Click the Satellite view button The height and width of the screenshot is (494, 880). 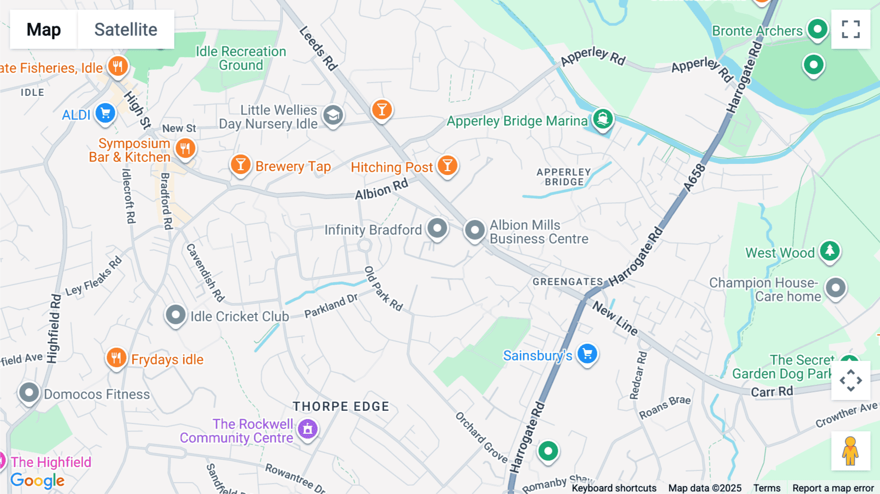coord(126,29)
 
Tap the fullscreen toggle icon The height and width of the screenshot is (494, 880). coord(851,29)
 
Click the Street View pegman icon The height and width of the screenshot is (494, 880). coord(851,451)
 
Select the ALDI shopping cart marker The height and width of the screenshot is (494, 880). coord(105,113)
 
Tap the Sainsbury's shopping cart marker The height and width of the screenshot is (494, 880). coord(587,354)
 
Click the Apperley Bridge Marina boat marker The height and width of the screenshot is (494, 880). coord(603,119)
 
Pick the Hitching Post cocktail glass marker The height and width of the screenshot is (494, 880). coord(447,166)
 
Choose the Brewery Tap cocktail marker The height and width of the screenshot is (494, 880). coord(241,164)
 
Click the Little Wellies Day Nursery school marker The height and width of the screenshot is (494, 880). coord(333,115)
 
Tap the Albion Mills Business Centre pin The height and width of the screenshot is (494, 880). coord(474,229)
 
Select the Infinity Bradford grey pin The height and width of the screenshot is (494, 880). coord(437,228)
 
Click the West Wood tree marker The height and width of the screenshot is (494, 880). coord(830,251)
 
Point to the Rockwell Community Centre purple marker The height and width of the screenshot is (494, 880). coord(308,429)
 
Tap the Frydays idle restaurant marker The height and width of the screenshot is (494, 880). coord(116,358)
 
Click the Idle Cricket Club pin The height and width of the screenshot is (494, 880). coord(176,314)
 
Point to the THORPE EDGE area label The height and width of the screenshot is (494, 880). coord(341,406)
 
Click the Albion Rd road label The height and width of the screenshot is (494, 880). coord(381,190)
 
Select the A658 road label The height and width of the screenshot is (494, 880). coord(695,178)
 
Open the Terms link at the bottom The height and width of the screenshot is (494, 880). coord(767,488)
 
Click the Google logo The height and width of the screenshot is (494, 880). coord(38,480)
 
